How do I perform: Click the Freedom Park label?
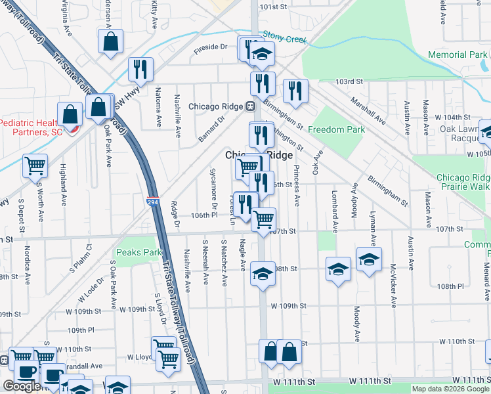tap(336, 129)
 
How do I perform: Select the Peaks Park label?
tap(139, 252)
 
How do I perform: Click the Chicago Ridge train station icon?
tap(250, 106)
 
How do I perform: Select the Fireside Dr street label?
tap(210, 47)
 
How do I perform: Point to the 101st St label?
tap(274, 7)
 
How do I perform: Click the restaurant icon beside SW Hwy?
tap(140, 68)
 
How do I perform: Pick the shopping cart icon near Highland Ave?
tap(35, 165)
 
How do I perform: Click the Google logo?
tap(22, 386)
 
